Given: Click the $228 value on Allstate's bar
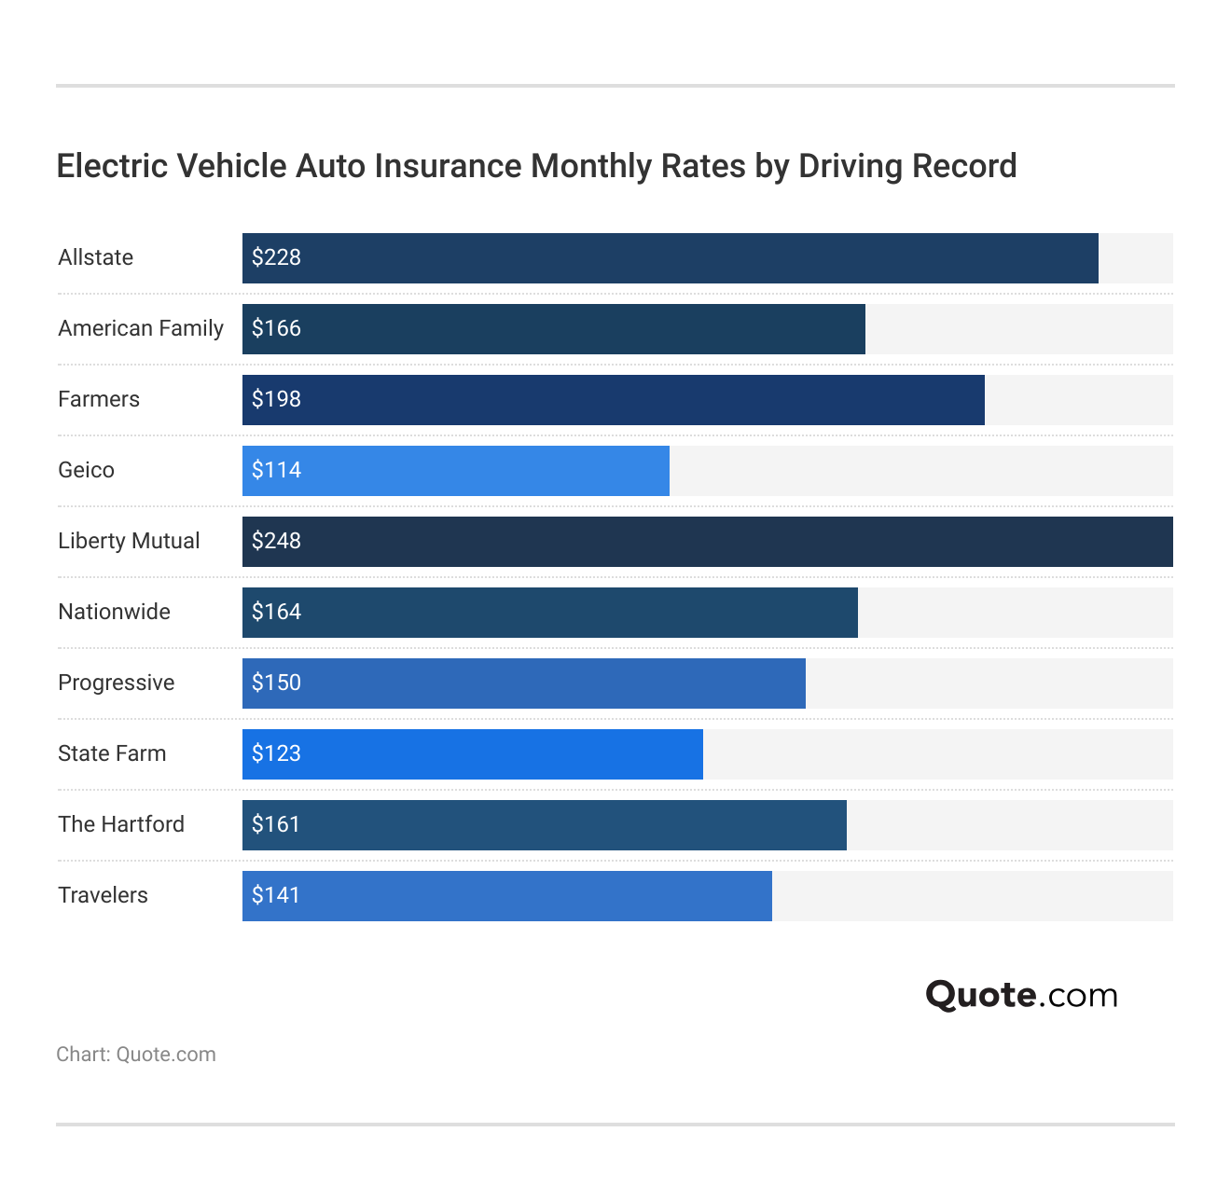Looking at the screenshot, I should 276,257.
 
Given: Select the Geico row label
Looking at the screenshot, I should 86,470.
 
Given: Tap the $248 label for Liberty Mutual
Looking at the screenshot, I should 276,541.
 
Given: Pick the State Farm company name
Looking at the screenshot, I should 112,753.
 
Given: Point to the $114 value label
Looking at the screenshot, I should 276,470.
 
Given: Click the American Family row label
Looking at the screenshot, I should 141,328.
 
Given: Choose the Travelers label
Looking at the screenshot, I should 103,895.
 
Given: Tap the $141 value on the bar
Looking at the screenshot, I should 276,895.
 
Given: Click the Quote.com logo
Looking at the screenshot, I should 1021,995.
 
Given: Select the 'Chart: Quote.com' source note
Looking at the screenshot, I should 136,1055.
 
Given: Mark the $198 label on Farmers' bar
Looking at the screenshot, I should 276,399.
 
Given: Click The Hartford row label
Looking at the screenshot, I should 121,824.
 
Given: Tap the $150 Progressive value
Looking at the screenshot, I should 276,683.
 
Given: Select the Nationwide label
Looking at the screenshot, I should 114,612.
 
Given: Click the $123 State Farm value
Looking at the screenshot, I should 276,753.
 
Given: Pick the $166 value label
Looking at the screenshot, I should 276,328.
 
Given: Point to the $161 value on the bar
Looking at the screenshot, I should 276,824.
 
